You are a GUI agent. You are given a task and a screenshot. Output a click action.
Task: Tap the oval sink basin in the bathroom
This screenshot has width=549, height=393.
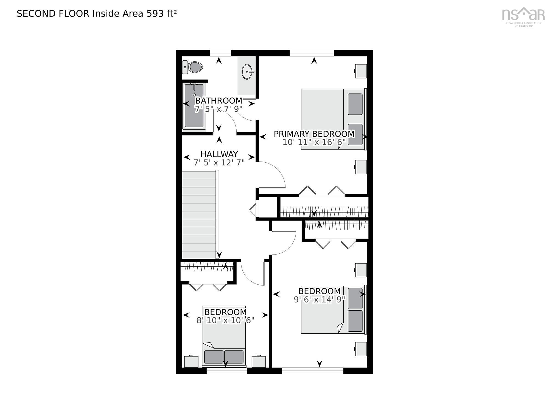(247, 72)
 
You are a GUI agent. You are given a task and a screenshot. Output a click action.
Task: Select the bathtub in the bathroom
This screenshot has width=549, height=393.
(194, 106)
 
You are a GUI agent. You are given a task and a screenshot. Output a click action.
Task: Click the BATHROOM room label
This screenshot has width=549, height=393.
(219, 100)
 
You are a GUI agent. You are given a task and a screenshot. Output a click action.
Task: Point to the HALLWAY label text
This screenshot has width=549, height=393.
(219, 154)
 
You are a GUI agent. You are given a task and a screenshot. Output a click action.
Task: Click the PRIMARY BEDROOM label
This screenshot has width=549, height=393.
(314, 134)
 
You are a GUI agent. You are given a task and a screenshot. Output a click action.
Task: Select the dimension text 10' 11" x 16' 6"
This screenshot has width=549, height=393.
(314, 142)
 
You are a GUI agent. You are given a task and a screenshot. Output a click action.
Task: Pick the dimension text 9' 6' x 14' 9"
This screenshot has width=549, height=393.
(319, 299)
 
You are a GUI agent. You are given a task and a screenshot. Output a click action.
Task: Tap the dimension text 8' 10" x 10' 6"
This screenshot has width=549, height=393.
(225, 320)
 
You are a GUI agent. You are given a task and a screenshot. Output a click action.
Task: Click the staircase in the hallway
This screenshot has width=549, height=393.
(199, 214)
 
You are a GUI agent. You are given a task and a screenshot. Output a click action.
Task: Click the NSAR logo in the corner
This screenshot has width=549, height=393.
(523, 16)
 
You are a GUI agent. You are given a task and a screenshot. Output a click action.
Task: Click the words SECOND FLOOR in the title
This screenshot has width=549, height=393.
(53, 13)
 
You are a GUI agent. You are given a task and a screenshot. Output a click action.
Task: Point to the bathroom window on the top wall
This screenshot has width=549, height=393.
(220, 53)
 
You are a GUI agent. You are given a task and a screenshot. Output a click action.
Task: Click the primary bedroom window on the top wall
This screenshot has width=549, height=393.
(312, 53)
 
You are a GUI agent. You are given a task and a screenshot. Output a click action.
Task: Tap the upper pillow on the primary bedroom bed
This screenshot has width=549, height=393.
(355, 104)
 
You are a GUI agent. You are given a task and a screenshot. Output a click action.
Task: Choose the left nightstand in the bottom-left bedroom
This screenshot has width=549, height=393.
(191, 361)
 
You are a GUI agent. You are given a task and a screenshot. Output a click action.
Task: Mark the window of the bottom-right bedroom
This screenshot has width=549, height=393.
(313, 371)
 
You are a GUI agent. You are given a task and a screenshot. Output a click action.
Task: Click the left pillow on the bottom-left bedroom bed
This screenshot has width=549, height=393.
(214, 357)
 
